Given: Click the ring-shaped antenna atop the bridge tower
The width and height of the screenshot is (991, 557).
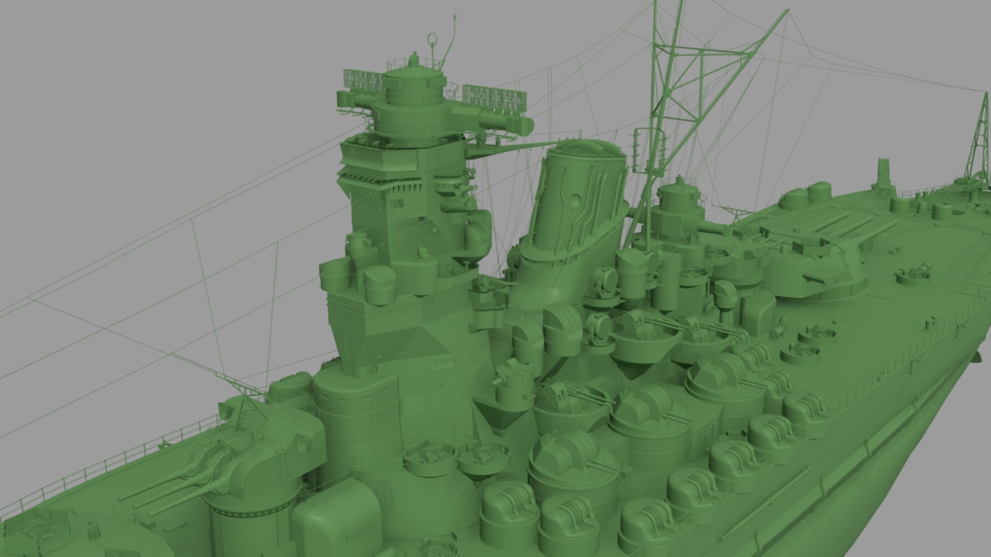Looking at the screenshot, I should click(432, 40).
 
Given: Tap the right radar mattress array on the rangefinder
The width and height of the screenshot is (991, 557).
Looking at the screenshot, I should click(494, 97).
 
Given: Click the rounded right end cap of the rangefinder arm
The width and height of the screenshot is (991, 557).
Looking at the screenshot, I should click(526, 124).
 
